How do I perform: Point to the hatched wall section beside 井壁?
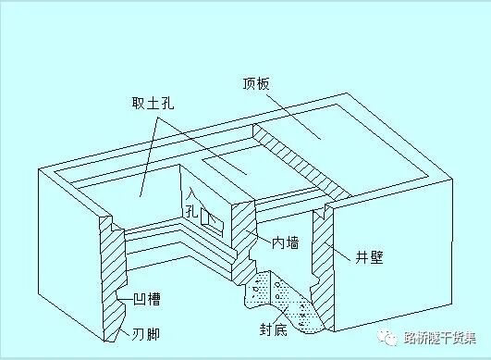pos(322,250)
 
